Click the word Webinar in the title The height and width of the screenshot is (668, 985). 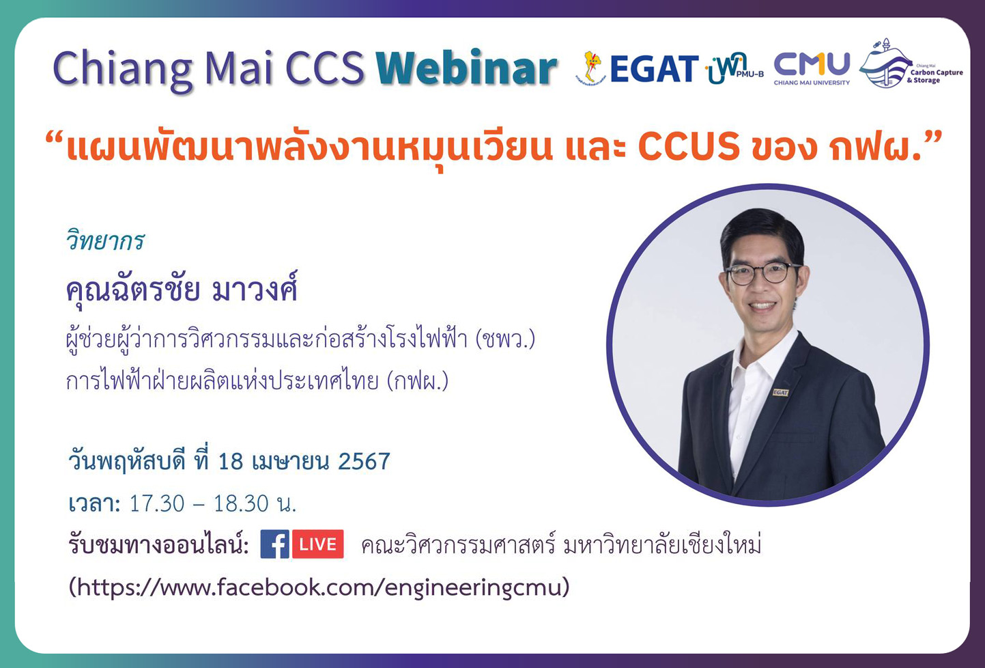(x=466, y=69)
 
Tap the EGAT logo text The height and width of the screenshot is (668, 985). (x=653, y=69)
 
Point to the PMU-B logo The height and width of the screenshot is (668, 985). (x=734, y=68)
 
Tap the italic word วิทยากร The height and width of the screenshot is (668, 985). (x=105, y=241)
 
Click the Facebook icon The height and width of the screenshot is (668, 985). (x=274, y=544)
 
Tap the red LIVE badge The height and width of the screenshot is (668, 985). (x=318, y=544)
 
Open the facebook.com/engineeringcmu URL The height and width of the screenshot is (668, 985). (x=319, y=587)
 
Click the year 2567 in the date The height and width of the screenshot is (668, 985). (x=364, y=462)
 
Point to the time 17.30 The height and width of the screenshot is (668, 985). (x=157, y=504)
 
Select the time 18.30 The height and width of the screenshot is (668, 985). (x=241, y=504)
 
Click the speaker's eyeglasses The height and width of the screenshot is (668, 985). (x=763, y=273)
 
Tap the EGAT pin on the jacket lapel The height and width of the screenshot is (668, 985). (x=780, y=392)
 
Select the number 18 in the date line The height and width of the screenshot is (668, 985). (x=231, y=462)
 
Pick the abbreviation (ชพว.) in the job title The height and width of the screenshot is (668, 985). (x=505, y=339)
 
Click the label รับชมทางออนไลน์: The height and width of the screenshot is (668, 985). (x=158, y=545)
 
